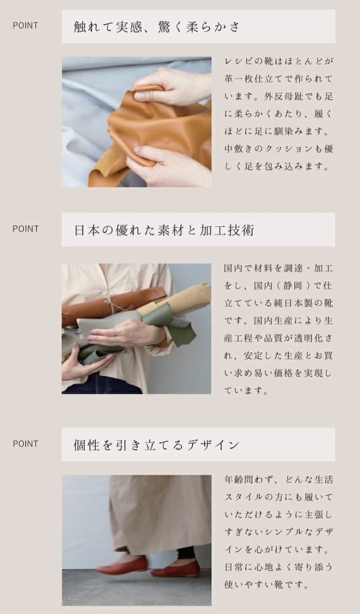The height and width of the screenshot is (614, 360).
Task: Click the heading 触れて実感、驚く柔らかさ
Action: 156,27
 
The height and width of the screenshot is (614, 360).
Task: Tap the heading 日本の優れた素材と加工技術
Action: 164,230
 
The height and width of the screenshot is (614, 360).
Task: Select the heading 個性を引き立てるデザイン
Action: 156,445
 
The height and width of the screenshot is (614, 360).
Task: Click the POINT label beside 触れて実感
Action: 25,25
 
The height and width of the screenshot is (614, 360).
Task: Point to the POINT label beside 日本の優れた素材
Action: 25,228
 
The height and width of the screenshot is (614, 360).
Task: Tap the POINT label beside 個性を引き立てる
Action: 25,443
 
